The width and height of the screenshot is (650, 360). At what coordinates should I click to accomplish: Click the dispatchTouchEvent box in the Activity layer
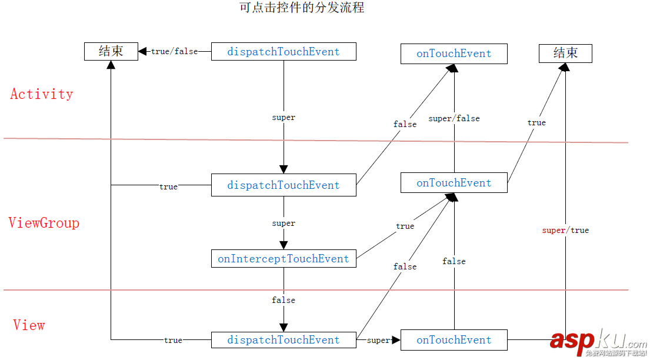pos(284,52)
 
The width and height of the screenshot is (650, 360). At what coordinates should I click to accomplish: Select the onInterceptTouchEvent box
pos(284,259)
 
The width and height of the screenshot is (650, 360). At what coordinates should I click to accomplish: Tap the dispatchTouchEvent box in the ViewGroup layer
pos(284,185)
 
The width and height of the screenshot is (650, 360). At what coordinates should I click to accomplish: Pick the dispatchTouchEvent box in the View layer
pos(284,340)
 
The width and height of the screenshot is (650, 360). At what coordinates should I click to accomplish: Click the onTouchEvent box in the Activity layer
pos(454,54)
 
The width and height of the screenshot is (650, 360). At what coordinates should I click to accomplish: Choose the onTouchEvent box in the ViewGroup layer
pos(454,183)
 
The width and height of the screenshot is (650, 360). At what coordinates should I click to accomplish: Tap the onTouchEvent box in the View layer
pos(454,340)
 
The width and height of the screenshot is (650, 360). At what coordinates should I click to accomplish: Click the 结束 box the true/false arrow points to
pos(111,52)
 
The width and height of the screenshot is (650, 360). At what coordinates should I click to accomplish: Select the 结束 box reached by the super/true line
pos(565,54)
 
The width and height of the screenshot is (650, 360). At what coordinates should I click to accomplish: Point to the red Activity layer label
pos(42,94)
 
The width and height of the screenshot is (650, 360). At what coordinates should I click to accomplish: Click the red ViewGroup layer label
pos(44,223)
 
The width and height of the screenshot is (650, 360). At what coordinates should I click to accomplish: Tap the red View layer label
pos(29,325)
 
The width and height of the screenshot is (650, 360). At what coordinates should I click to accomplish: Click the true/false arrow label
pos(175,52)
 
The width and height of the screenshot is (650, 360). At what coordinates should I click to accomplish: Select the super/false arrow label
pos(454,119)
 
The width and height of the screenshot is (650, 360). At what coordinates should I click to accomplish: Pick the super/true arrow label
pos(565,231)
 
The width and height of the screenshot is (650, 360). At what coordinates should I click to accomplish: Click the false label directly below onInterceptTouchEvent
pos(284,300)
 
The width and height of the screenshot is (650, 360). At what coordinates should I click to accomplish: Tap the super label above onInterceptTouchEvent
pos(284,224)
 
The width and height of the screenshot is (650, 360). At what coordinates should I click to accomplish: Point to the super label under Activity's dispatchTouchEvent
pos(284,118)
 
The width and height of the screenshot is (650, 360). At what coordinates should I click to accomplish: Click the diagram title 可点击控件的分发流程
pos(302,8)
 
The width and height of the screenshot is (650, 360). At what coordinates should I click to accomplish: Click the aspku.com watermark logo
pos(598,342)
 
